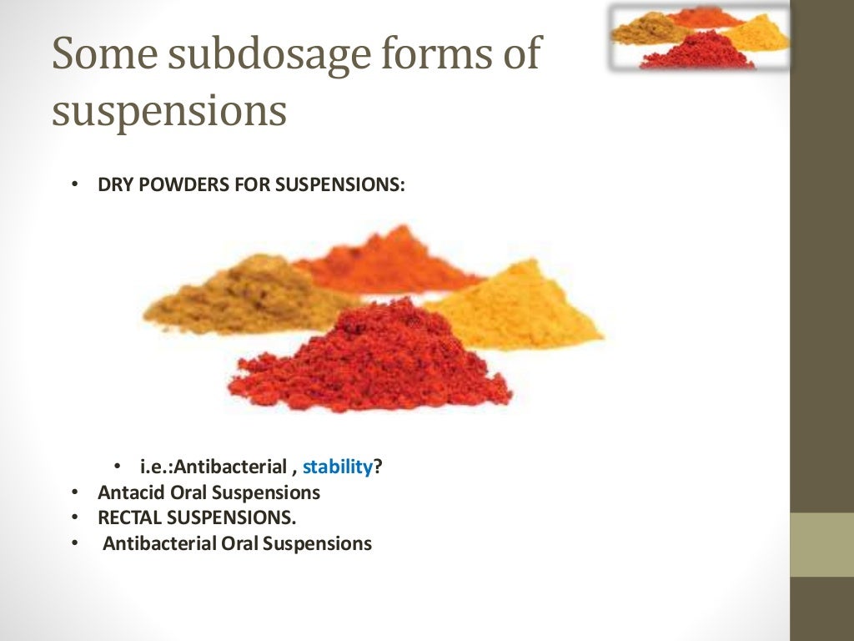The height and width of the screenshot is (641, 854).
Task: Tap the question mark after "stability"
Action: click(378, 467)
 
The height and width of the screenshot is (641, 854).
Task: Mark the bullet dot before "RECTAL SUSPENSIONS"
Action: click(76, 517)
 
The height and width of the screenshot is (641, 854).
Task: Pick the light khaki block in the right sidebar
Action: click(821, 544)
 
